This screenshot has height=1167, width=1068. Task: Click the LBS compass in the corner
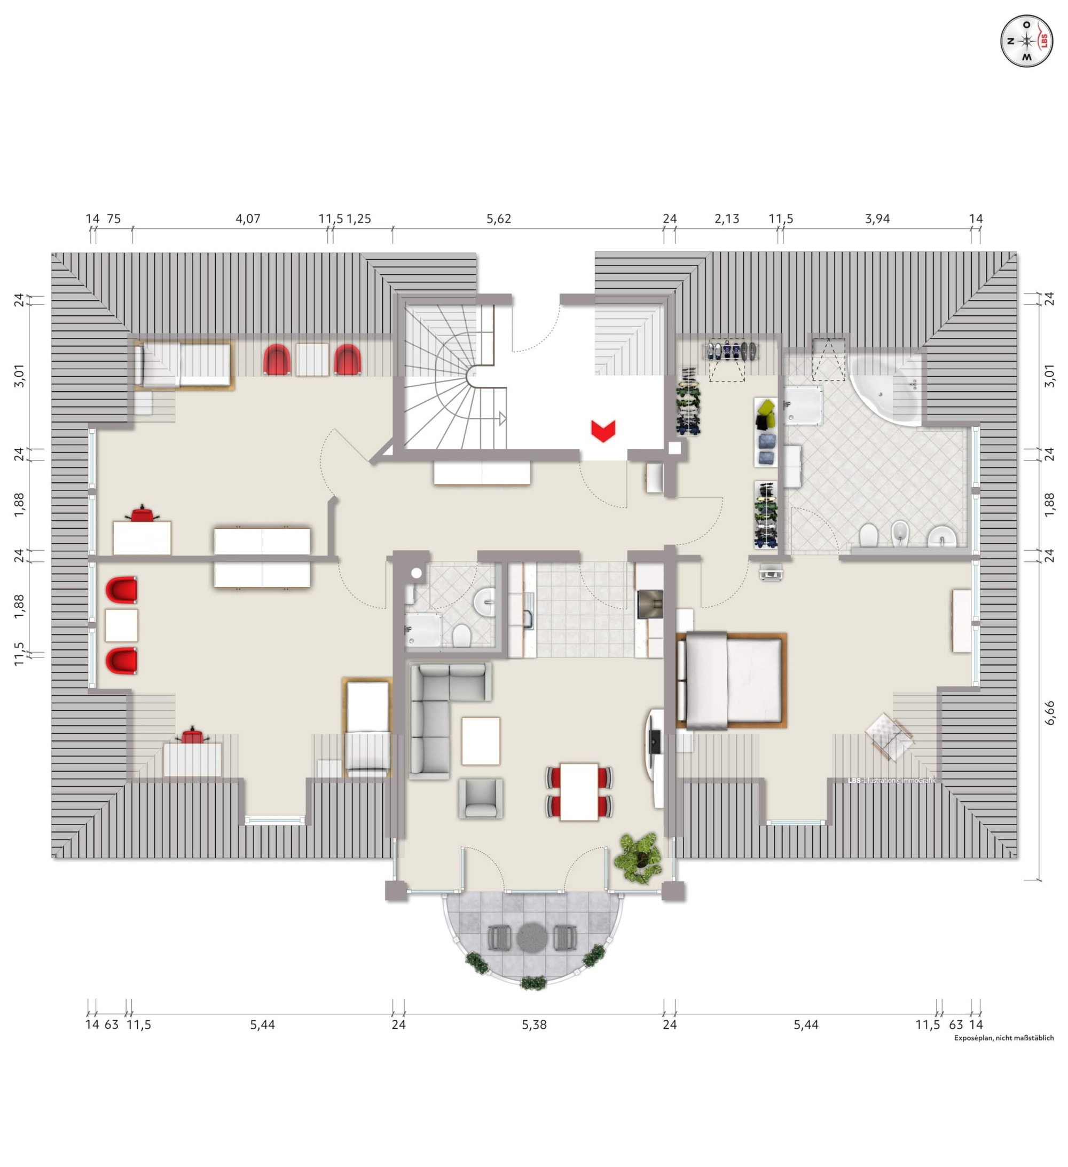click(1026, 41)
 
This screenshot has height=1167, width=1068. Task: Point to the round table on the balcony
click(532, 936)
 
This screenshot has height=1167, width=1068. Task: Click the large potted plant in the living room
click(639, 858)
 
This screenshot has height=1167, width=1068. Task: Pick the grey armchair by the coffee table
click(481, 798)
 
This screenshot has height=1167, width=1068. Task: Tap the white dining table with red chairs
click(579, 791)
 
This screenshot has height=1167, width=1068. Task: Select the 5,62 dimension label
click(498, 219)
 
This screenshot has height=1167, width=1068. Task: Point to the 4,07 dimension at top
click(248, 219)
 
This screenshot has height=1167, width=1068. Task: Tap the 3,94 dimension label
click(877, 219)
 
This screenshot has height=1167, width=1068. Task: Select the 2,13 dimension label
click(727, 219)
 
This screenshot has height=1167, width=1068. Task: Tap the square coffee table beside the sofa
click(481, 741)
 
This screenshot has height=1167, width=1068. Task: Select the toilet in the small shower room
click(461, 635)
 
